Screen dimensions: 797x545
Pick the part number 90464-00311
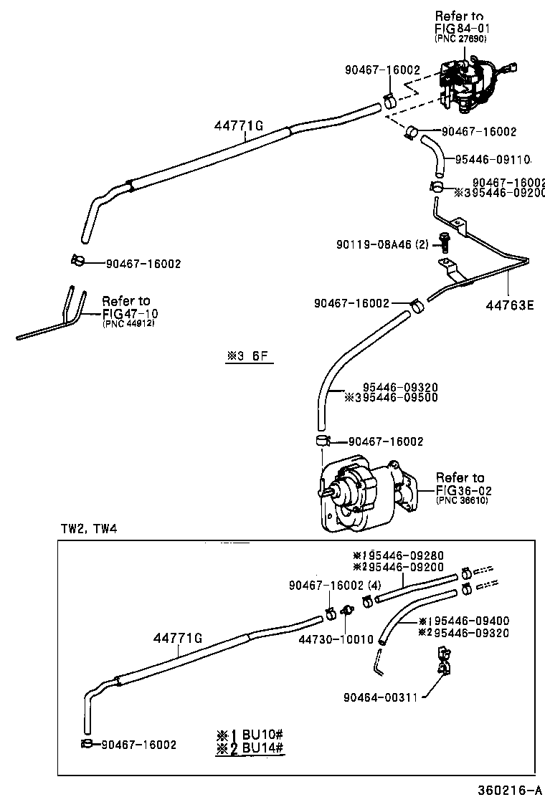point(380,696)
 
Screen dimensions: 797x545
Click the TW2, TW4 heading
point(88,529)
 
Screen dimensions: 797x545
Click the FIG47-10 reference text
point(131,313)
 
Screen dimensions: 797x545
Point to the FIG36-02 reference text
point(462,490)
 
